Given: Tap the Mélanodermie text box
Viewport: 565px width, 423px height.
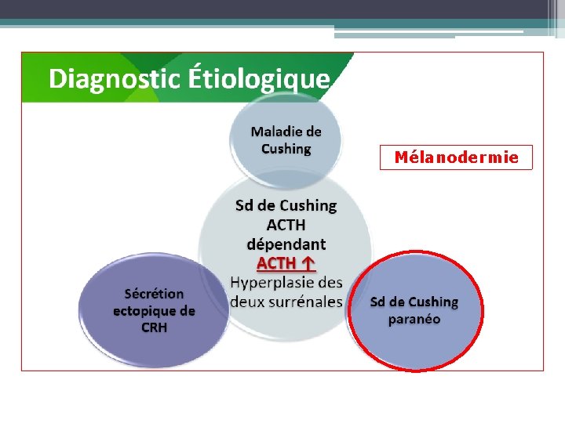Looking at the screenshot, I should point(456,157).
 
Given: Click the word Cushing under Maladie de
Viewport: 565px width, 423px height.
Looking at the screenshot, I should point(286,149).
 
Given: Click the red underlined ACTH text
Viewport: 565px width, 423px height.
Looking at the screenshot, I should point(275,264).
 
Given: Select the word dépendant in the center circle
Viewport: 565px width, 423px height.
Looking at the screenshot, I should point(286,244).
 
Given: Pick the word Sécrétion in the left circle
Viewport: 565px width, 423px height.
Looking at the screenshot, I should point(154,294).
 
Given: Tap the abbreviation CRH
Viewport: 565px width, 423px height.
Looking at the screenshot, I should point(154,327).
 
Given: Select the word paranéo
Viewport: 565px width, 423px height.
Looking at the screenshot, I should point(414,319).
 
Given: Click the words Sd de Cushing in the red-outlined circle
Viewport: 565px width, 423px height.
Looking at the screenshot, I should point(414,302).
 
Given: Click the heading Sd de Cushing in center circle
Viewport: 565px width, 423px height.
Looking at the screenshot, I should point(286,206).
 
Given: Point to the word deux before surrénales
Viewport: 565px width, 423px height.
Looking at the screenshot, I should point(246,301).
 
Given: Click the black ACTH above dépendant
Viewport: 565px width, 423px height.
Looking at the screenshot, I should point(286,225).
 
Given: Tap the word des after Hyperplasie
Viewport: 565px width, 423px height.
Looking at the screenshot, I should point(330,282).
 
